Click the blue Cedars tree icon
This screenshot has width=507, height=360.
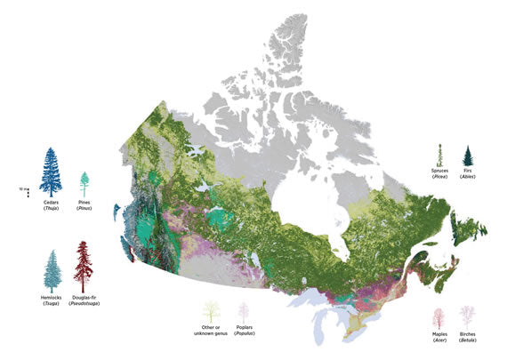(x=51, y=172)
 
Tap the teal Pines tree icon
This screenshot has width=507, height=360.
(x=85, y=184)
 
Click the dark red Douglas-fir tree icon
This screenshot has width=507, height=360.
(x=84, y=265)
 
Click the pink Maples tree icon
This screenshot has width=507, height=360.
(x=438, y=317)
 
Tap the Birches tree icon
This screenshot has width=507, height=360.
(x=468, y=316)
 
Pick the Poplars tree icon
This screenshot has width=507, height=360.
(x=245, y=314)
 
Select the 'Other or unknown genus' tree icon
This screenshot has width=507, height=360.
(x=212, y=313)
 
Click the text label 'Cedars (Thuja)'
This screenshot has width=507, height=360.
(x=51, y=208)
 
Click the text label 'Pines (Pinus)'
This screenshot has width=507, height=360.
(x=85, y=208)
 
